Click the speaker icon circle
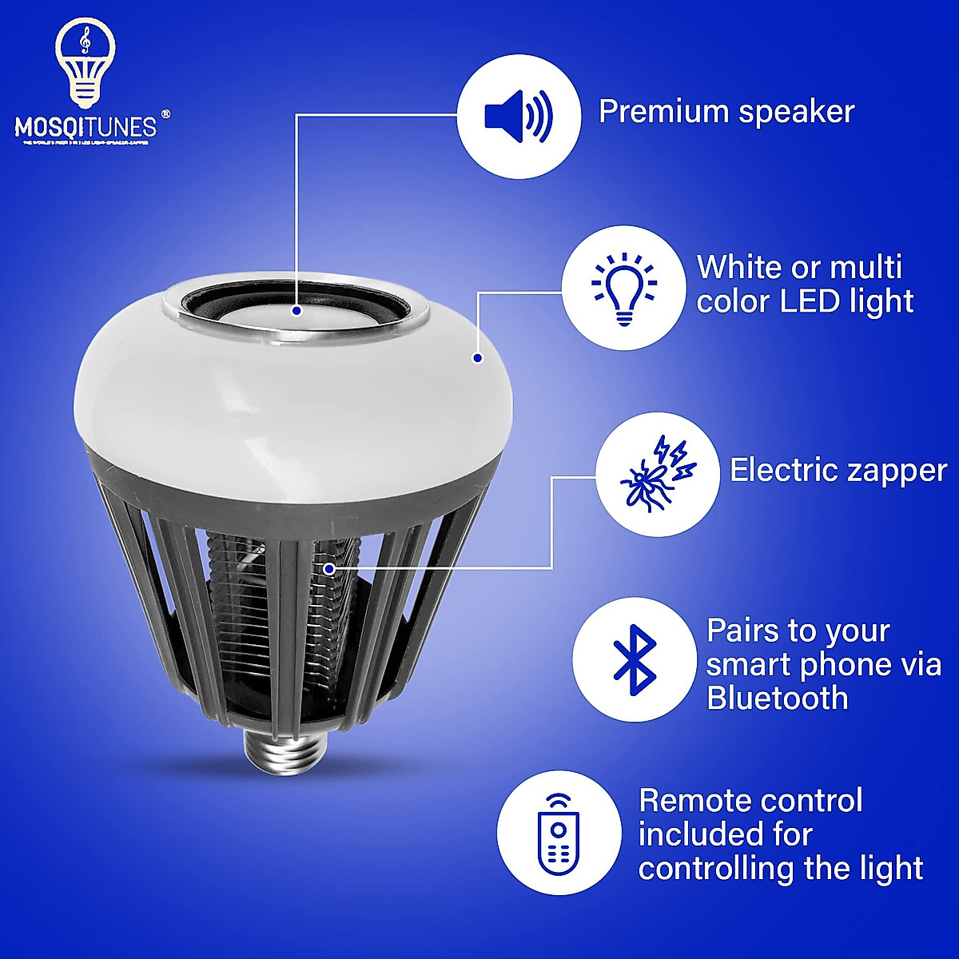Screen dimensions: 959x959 (519, 116)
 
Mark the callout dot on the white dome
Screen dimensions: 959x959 (477, 358)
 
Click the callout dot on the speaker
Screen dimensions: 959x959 (296, 310)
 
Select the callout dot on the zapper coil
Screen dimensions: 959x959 (329, 568)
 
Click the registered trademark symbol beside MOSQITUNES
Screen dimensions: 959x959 (165, 113)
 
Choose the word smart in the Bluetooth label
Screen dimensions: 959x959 (747, 664)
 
